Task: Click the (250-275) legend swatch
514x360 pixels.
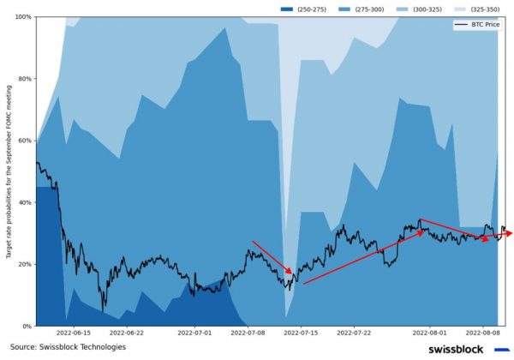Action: coord(286,9)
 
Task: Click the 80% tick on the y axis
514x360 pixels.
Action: coord(25,79)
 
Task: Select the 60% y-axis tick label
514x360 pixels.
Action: coord(25,141)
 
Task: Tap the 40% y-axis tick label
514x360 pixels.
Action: coord(25,202)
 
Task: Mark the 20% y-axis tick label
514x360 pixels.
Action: coord(25,264)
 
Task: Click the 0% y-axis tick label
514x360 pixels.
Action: coord(27,326)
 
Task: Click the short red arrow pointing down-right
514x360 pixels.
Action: coord(273,258)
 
